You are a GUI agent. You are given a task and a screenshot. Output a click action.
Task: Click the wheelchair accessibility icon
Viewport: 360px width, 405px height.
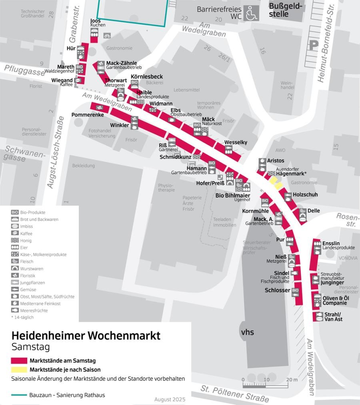coord(252,13)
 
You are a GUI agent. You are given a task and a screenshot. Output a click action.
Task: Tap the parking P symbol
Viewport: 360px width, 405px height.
coord(313,45)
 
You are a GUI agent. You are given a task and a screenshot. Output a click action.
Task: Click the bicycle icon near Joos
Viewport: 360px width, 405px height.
coord(107,36)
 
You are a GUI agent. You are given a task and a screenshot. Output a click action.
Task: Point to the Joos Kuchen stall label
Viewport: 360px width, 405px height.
coord(96,23)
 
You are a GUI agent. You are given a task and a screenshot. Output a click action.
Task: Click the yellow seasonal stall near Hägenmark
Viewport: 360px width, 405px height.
coord(275,183)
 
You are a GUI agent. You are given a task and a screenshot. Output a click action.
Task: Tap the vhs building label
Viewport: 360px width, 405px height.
coord(247,332)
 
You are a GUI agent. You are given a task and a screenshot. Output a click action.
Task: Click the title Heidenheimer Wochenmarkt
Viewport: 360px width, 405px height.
coord(86,335)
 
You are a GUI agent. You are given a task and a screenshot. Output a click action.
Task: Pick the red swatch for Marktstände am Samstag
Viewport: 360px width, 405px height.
coord(19,361)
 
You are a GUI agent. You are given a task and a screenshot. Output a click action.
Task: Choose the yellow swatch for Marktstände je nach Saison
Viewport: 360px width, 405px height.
coord(19,370)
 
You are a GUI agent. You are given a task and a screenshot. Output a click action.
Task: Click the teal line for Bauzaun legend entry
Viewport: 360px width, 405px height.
coord(19,395)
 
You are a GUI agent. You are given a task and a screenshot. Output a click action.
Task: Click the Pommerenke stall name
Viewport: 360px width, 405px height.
coord(88,115)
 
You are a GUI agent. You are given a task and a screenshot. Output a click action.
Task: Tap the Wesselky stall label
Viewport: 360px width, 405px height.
coord(236,142)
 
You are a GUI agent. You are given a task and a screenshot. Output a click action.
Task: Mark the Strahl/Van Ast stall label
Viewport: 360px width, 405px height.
coord(333,317)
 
